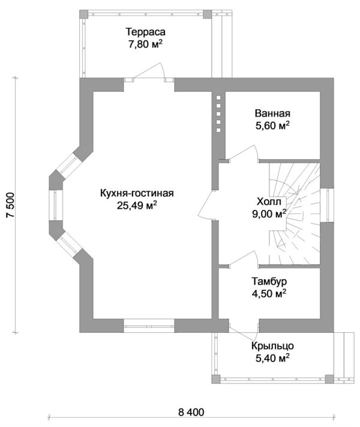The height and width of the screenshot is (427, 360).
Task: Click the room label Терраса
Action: pyautogui.click(x=145, y=32)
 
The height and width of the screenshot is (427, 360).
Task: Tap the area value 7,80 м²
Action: pyautogui.click(x=145, y=44)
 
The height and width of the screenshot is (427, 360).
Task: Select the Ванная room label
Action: pyautogui.click(x=272, y=113)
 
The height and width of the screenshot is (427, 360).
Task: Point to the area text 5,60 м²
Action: pyautogui.click(x=272, y=126)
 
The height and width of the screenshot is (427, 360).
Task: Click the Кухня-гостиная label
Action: pyautogui.click(x=137, y=193)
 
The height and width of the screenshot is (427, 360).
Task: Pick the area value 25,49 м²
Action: pyautogui.click(x=137, y=205)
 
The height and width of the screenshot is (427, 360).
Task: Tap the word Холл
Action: pyautogui.click(x=269, y=202)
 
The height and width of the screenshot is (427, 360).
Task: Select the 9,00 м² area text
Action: pyautogui.click(x=269, y=214)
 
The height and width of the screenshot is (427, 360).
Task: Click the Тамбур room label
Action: pyautogui.click(x=269, y=281)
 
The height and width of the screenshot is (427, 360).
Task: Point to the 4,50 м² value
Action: pyautogui.click(x=269, y=294)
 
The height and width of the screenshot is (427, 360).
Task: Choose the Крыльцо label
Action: pyautogui.click(x=272, y=346)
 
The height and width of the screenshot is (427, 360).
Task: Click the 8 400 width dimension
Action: pyautogui.click(x=191, y=412)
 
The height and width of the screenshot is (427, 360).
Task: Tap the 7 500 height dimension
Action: pyautogui.click(x=10, y=205)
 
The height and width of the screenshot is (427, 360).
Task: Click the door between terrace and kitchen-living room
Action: pyautogui.click(x=149, y=71)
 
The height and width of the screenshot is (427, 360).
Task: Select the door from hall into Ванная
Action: pyautogui.click(x=244, y=153)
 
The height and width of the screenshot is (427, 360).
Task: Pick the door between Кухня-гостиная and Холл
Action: pyautogui.click(x=208, y=204)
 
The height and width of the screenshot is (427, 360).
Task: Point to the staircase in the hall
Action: pyautogui.click(x=295, y=214)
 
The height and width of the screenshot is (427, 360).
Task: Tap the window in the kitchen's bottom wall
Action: pyautogui.click(x=149, y=326)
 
